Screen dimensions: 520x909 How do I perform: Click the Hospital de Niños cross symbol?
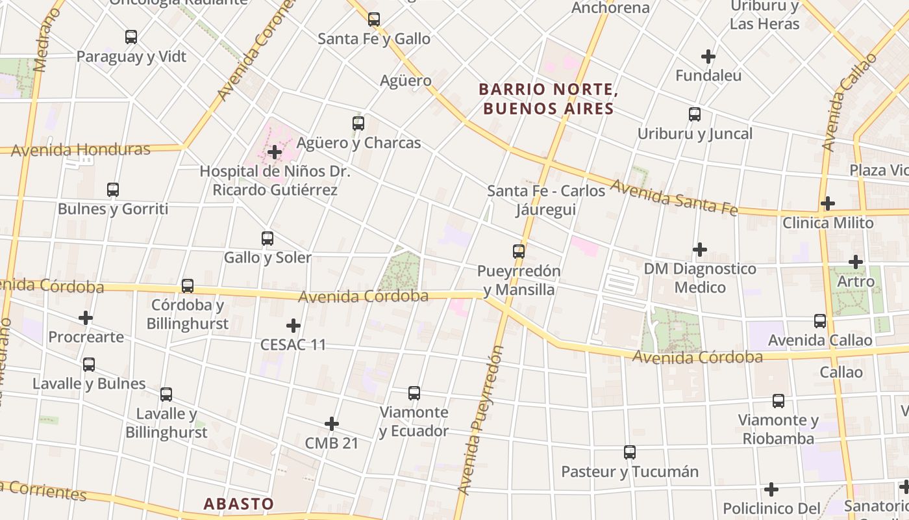(275, 153)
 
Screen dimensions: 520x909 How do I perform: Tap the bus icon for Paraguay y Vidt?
(131, 37)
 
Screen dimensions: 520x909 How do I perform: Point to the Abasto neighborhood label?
(238, 504)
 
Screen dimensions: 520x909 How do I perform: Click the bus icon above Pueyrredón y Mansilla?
(518, 251)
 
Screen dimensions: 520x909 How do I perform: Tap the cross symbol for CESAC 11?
(293, 325)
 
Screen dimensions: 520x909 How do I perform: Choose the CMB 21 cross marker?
(332, 424)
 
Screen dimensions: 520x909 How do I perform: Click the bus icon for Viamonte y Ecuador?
(414, 393)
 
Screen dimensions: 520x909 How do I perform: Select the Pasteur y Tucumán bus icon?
(629, 452)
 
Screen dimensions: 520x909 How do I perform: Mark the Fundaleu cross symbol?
(708, 57)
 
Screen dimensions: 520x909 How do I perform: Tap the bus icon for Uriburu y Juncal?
(695, 114)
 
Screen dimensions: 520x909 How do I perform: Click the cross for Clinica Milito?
(827, 203)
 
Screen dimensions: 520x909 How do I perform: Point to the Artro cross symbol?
(856, 262)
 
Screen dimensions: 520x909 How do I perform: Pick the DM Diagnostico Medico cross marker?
(699, 249)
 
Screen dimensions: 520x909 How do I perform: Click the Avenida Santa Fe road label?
(674, 198)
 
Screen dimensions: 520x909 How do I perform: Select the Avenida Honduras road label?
(81, 150)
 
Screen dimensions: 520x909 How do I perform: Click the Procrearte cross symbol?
(85, 318)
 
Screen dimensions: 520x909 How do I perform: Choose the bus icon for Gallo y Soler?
(267, 238)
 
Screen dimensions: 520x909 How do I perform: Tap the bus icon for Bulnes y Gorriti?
(113, 190)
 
